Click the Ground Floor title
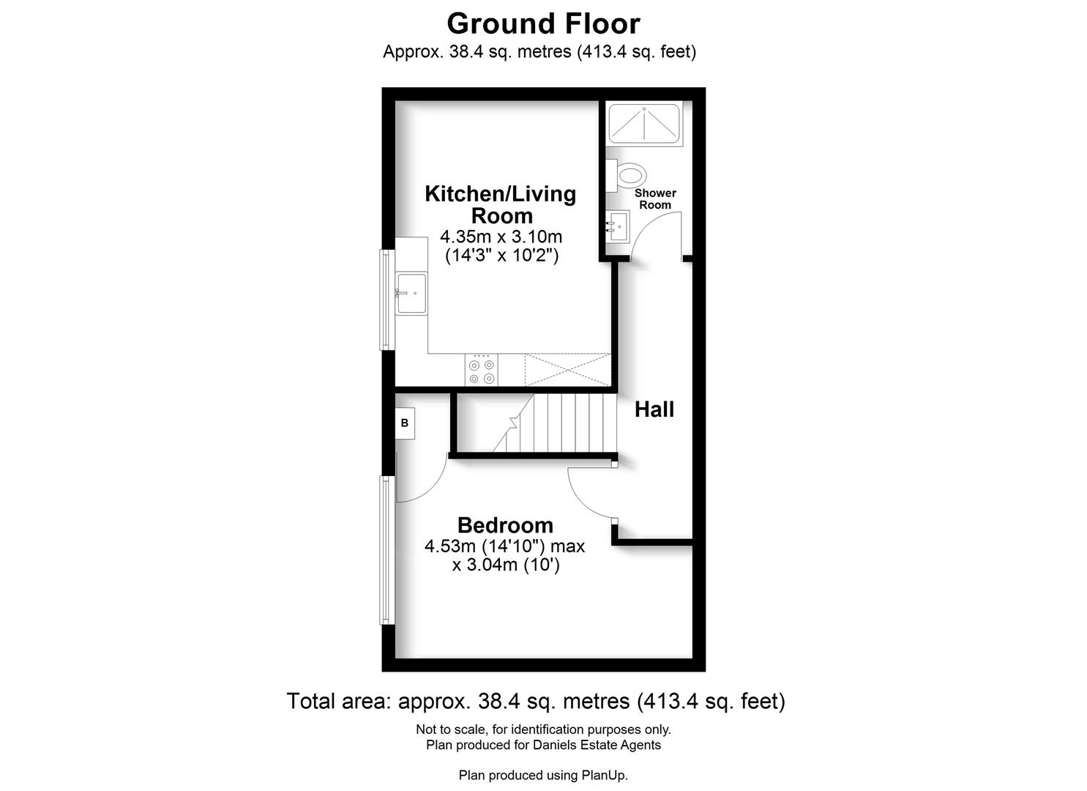(x=543, y=23)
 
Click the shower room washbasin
(x=618, y=226)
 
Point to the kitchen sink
(x=411, y=293)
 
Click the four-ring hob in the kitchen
(x=482, y=370)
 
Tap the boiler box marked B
(x=405, y=423)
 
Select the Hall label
(x=654, y=409)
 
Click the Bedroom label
(x=505, y=525)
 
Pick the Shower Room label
(x=655, y=199)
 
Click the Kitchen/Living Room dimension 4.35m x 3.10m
(x=501, y=237)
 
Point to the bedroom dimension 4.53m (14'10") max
(x=504, y=546)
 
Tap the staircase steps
(x=554, y=423)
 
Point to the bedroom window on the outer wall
(x=386, y=550)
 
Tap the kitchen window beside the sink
(x=386, y=300)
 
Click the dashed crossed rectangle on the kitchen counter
(x=568, y=370)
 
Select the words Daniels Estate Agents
(x=597, y=745)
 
